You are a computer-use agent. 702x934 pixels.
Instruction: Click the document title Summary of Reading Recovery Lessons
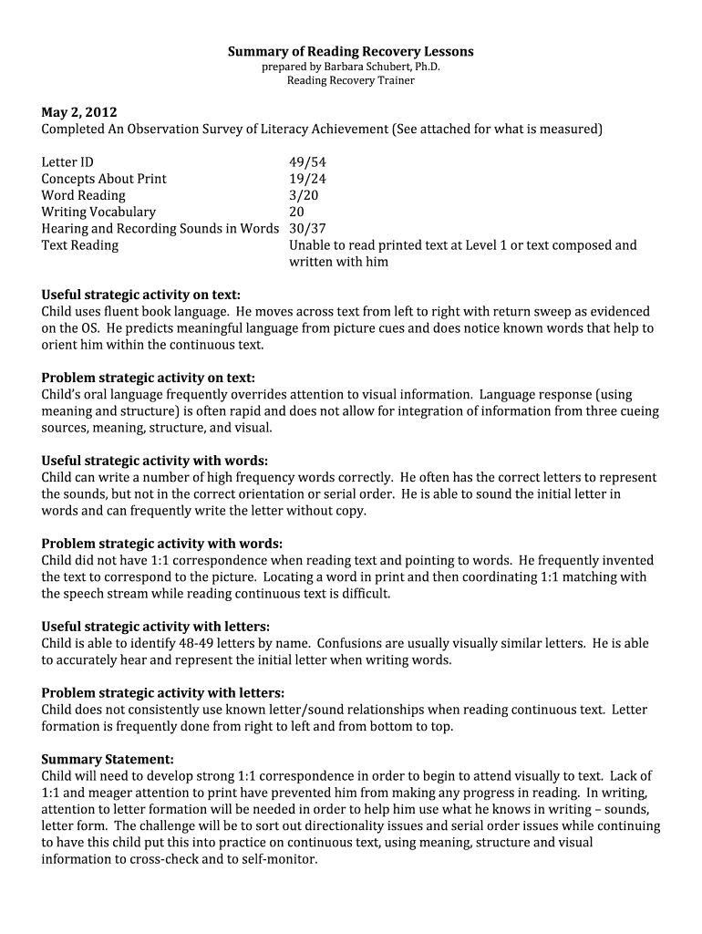click(x=350, y=52)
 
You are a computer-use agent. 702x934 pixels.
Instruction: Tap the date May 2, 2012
click(x=79, y=113)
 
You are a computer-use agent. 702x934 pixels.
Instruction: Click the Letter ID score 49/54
click(x=307, y=162)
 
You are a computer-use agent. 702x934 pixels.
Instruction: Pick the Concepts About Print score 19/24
click(x=307, y=179)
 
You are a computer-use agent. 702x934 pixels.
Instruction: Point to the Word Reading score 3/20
click(x=304, y=195)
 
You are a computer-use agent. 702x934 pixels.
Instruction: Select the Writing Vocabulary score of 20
click(x=297, y=212)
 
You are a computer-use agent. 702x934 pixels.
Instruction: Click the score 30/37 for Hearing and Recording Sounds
click(x=307, y=228)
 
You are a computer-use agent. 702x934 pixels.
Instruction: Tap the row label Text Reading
click(x=79, y=244)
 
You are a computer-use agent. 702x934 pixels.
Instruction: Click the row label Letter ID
click(x=67, y=162)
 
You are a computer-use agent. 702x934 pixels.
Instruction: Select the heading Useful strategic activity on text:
click(x=141, y=295)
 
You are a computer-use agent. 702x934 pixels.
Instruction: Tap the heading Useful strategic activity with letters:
click(x=156, y=627)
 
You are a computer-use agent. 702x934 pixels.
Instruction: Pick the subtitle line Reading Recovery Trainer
click(x=351, y=80)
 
